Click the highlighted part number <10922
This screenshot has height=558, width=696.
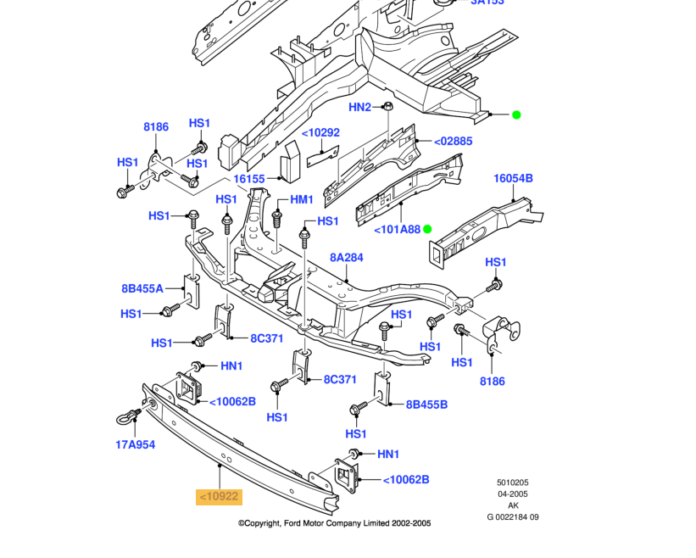click(220, 496)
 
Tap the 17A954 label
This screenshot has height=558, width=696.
click(136, 444)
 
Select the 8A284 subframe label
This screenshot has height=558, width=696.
click(346, 258)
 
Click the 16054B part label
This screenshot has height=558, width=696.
click(513, 178)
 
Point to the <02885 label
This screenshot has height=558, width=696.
click(454, 141)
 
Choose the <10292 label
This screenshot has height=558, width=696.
click(321, 133)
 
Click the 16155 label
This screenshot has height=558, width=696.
click(249, 179)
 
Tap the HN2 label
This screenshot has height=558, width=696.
click(359, 107)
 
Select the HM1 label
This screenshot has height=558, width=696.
click(302, 200)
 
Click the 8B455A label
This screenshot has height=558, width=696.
click(142, 288)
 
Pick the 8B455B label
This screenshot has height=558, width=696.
click(426, 405)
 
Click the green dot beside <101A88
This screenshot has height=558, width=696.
click(427, 229)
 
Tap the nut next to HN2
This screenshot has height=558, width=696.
click(388, 106)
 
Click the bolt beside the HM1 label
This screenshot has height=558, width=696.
click(277, 219)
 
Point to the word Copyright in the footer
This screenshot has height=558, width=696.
click(263, 523)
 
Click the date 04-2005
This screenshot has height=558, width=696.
click(513, 494)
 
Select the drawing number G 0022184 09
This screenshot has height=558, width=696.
click(513, 516)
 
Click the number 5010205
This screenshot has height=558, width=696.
click(513, 482)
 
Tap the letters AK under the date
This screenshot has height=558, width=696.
click(513, 505)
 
